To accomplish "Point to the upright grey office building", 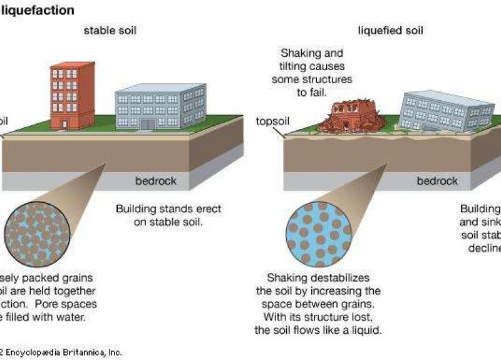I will coord(160,106).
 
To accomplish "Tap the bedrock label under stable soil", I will coord(156,182).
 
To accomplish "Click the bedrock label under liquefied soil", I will coord(438,182).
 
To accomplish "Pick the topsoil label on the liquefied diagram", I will coord(272,121).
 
